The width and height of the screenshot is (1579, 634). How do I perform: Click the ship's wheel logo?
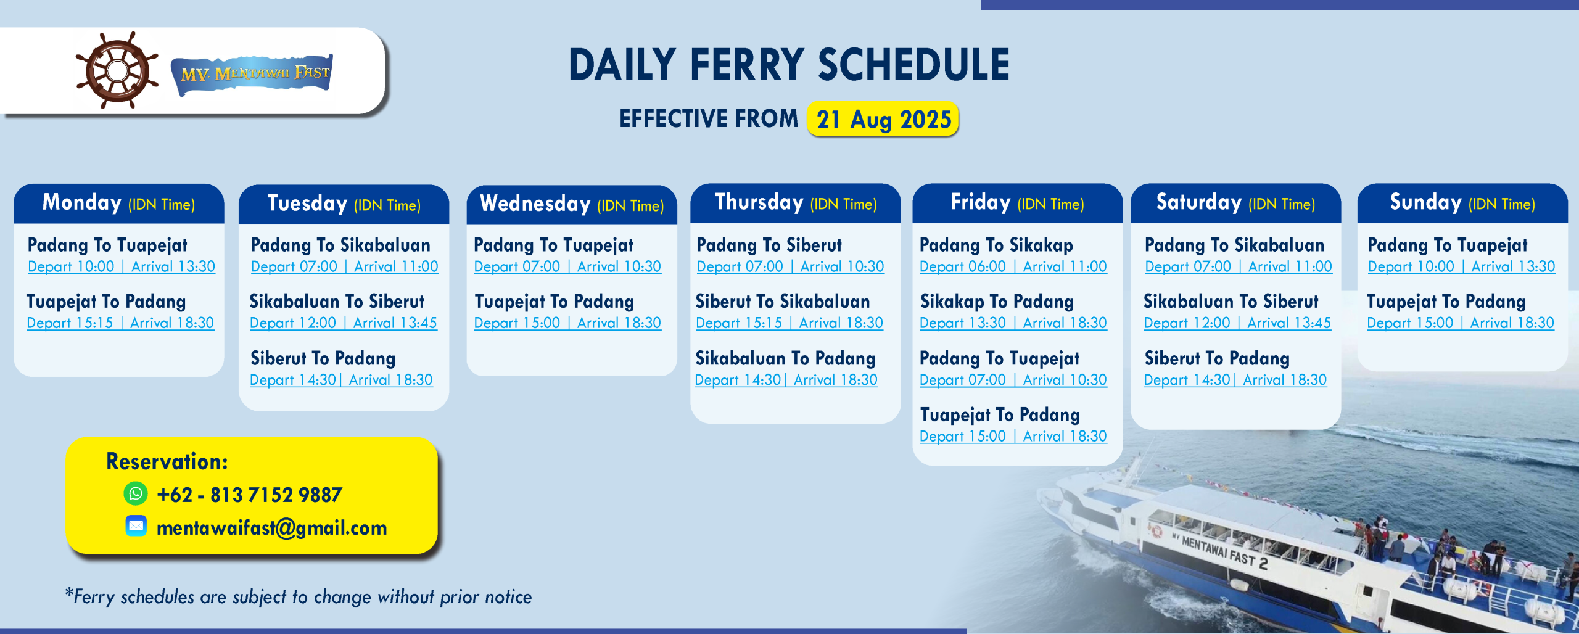point(117,70)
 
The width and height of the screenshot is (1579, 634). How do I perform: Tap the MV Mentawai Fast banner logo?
point(252,74)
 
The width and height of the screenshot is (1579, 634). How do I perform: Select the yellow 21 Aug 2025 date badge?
point(883,118)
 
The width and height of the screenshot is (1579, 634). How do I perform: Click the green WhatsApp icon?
point(136,493)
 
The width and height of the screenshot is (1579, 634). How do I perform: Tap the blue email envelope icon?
point(136,526)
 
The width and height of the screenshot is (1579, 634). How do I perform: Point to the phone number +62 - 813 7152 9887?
point(250,495)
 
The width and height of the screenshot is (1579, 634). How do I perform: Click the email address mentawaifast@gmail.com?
point(272,528)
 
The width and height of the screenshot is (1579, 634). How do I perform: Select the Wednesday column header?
point(572,204)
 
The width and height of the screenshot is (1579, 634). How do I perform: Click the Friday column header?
point(1017,203)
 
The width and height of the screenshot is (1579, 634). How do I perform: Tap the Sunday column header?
point(1462,203)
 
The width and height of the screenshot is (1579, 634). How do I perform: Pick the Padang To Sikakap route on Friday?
point(996,245)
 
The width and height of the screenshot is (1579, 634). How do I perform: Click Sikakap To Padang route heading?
point(997,302)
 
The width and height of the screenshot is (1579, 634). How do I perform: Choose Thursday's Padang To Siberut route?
point(769,245)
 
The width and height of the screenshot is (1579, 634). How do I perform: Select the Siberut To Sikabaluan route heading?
point(783,302)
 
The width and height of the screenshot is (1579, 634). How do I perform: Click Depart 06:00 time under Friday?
point(963,267)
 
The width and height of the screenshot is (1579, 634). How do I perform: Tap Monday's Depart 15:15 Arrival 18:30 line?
point(120,323)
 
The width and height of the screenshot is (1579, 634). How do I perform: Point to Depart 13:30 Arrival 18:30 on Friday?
point(1013,323)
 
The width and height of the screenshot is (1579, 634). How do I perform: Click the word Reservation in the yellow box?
point(167,461)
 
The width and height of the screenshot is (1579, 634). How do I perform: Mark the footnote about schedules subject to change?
point(299,597)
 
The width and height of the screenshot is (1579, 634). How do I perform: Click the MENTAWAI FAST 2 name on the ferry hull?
point(1219,551)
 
